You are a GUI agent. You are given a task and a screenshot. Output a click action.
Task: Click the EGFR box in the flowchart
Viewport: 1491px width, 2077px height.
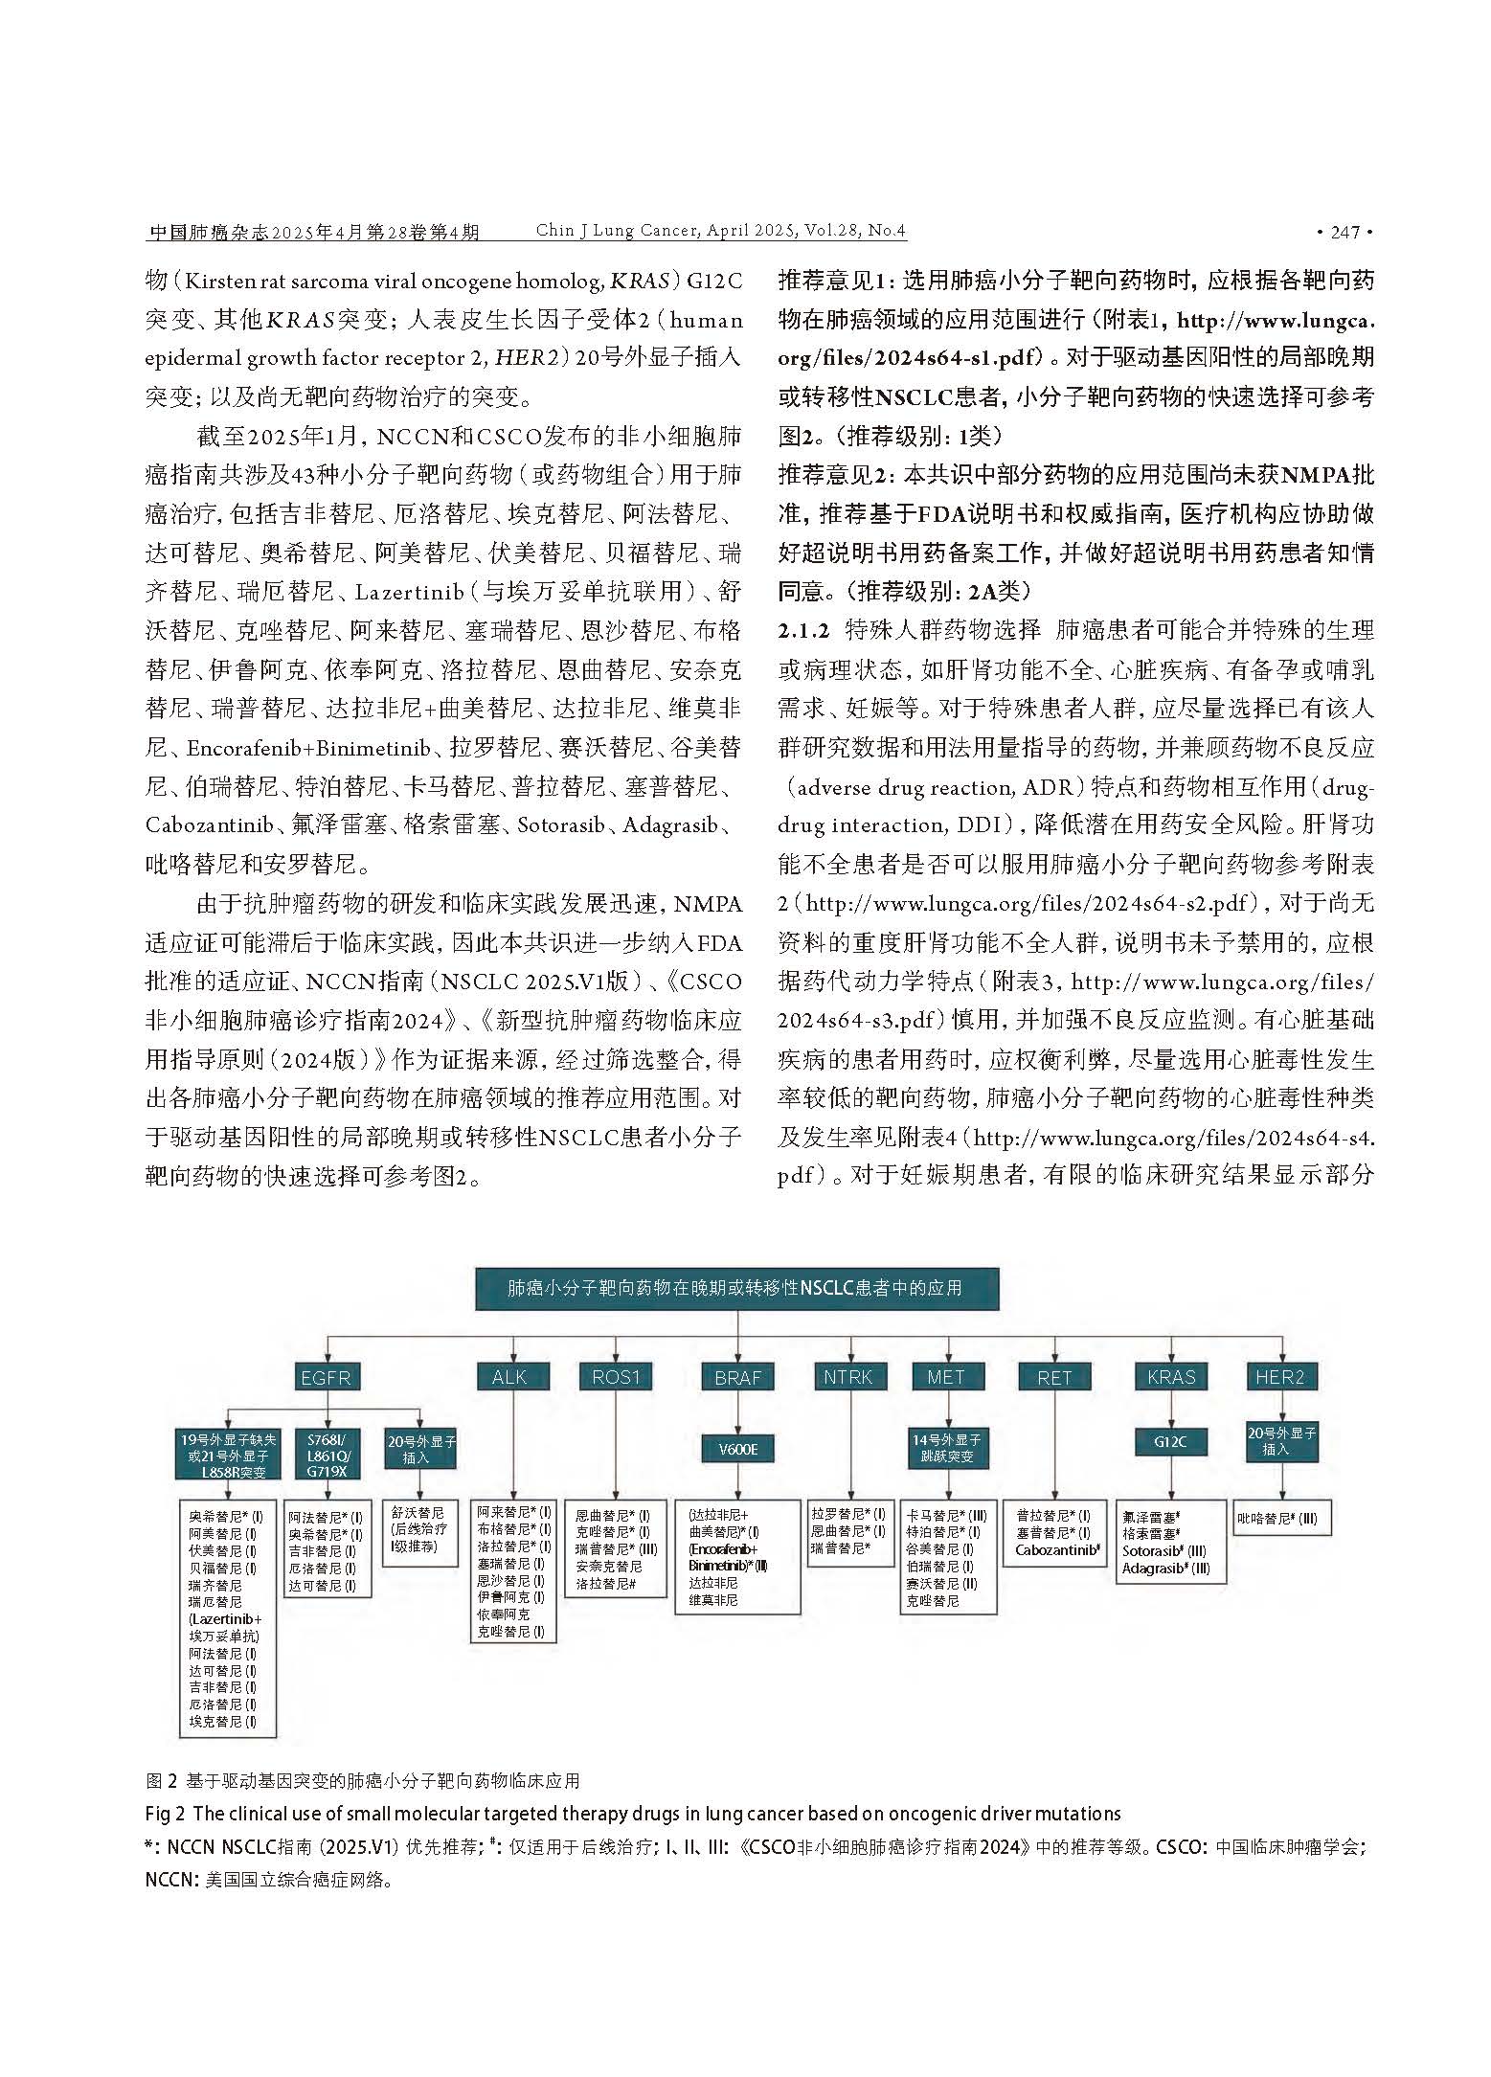tap(326, 1377)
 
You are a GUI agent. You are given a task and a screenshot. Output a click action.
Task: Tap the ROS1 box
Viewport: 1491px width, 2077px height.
tap(615, 1377)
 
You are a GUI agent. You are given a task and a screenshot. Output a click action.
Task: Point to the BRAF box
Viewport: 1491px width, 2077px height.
tap(737, 1377)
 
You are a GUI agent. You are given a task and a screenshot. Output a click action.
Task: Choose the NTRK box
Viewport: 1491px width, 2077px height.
tap(847, 1377)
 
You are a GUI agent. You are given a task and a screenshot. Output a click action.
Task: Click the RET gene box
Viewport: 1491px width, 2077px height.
tap(1054, 1377)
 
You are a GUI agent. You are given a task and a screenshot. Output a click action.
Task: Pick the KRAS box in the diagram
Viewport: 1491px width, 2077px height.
tap(1171, 1377)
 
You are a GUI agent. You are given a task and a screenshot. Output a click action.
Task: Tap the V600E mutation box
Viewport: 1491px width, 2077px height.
tap(737, 1450)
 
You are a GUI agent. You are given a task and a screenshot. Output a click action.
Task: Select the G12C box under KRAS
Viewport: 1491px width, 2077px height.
tap(1171, 1441)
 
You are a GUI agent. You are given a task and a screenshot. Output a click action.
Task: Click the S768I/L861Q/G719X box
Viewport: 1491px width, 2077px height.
tap(328, 1456)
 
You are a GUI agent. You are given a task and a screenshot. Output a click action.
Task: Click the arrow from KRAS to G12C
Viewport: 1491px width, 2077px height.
tap(1171, 1409)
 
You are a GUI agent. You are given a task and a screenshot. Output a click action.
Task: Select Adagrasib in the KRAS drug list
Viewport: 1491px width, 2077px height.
tap(1164, 1569)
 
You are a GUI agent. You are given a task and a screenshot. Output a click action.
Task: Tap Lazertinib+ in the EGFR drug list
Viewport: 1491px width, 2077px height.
tap(226, 1618)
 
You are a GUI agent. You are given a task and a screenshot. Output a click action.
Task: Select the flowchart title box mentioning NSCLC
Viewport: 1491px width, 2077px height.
tap(735, 1288)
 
